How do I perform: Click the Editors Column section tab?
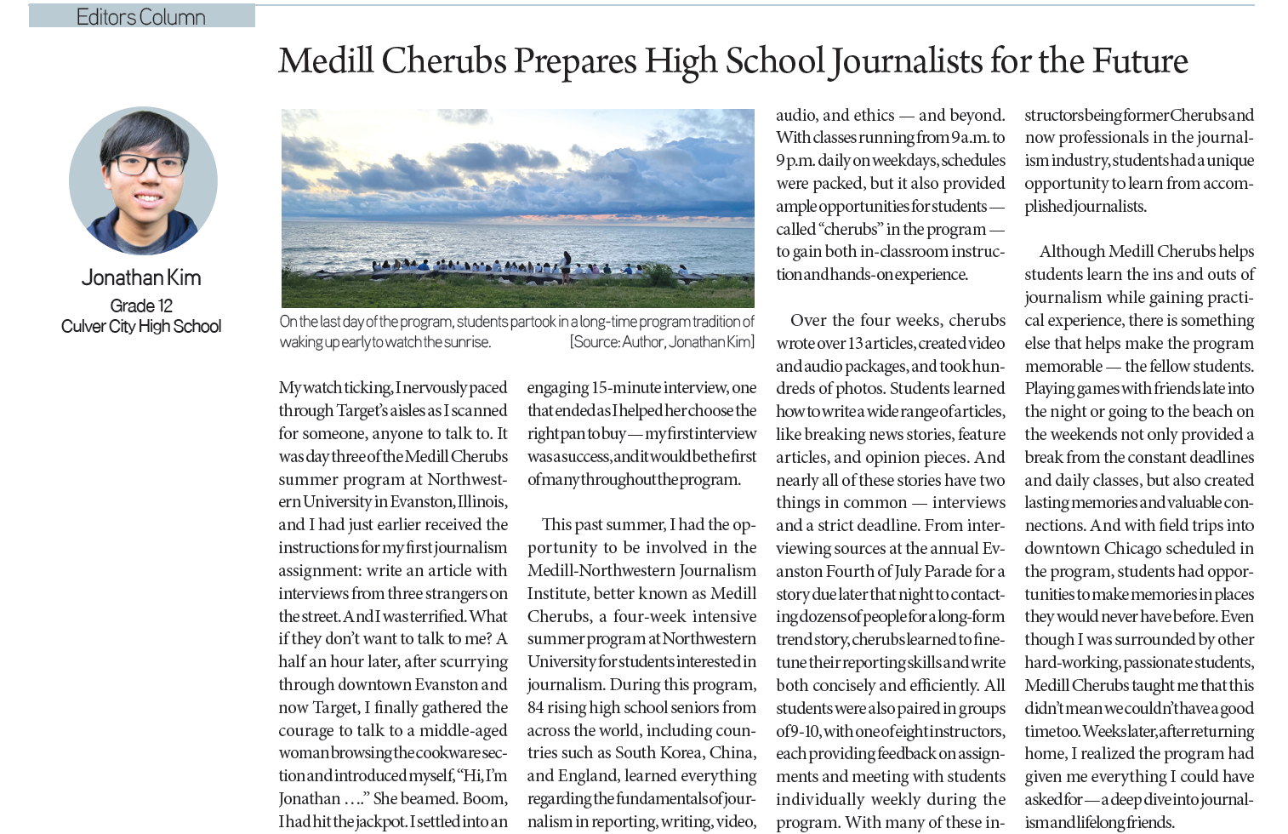click(x=141, y=16)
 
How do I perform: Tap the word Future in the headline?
click(x=1139, y=61)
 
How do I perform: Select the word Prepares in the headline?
click(x=575, y=61)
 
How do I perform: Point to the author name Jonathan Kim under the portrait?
click(x=141, y=277)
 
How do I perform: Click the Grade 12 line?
click(x=141, y=306)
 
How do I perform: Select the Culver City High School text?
click(x=141, y=327)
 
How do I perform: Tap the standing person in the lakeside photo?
click(x=566, y=261)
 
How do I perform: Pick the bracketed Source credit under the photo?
click(x=662, y=342)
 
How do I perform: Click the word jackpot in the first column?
click(x=374, y=822)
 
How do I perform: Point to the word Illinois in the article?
click(x=482, y=502)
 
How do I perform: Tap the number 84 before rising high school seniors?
click(x=536, y=707)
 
